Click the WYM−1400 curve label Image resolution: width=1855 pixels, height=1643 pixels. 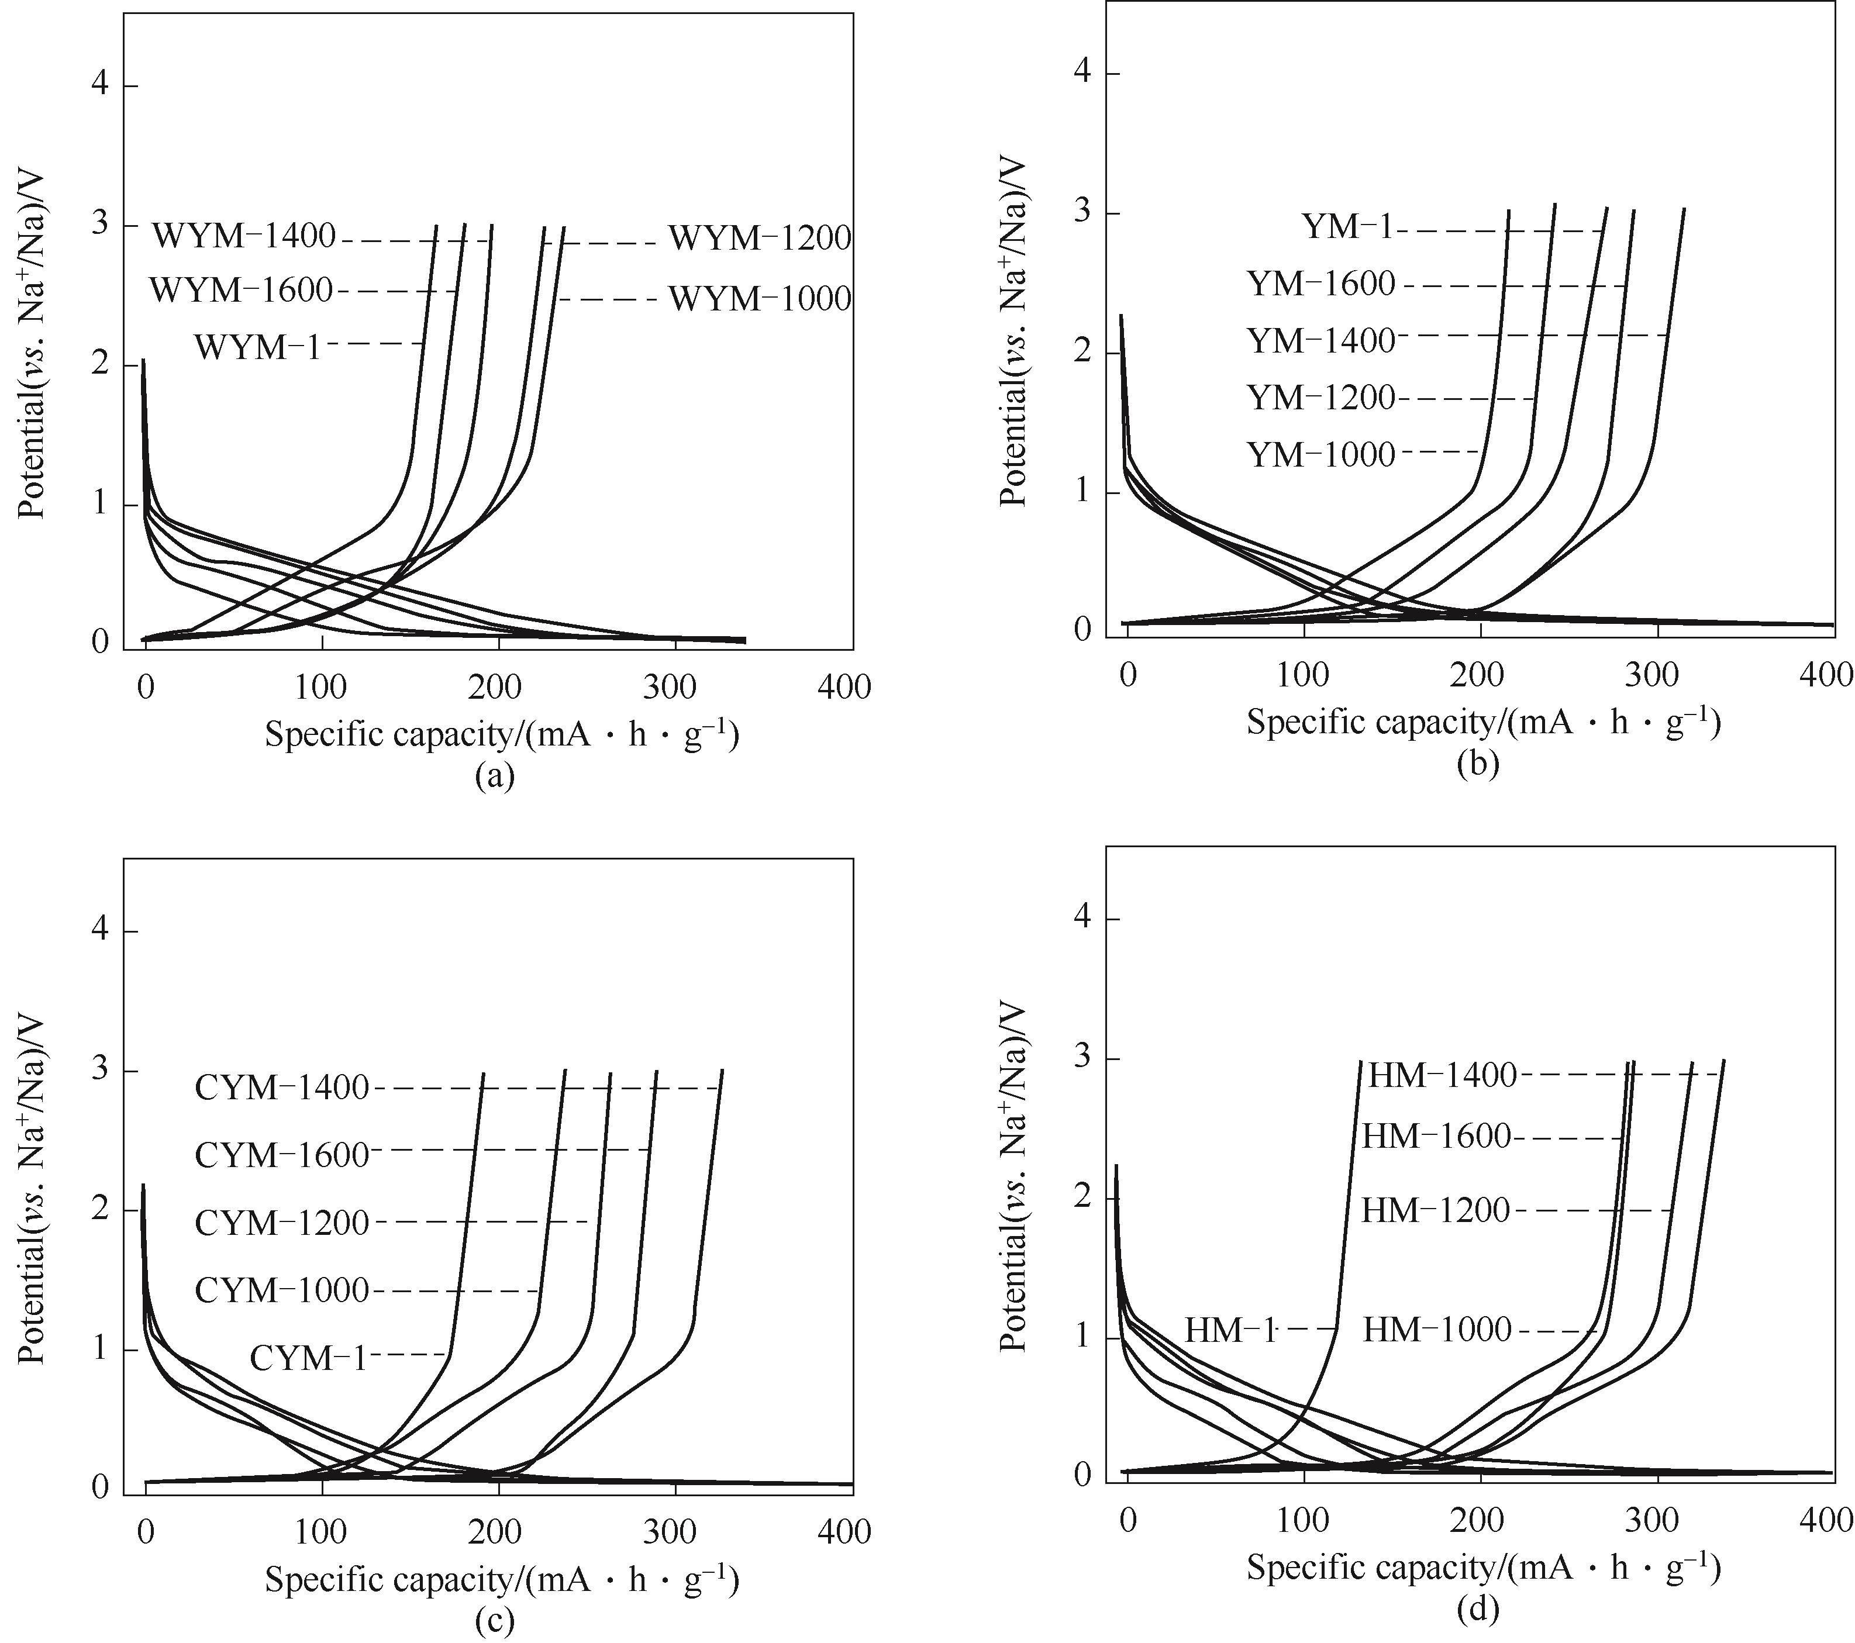243,237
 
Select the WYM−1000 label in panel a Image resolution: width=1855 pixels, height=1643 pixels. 760,299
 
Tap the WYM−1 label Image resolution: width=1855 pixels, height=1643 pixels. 258,347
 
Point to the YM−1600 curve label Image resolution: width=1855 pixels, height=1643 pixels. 1320,285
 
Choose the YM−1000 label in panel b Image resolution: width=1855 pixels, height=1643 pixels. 1320,454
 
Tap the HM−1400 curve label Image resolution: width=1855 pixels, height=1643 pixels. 1442,1076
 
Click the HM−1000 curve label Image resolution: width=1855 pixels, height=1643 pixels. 1437,1330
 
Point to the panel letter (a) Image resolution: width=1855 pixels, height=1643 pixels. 495,776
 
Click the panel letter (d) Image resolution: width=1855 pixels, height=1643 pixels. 1477,1610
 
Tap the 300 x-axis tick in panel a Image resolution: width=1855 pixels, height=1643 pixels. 670,688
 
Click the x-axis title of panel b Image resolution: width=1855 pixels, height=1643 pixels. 1483,722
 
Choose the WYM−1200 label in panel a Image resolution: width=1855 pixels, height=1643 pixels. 760,239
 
